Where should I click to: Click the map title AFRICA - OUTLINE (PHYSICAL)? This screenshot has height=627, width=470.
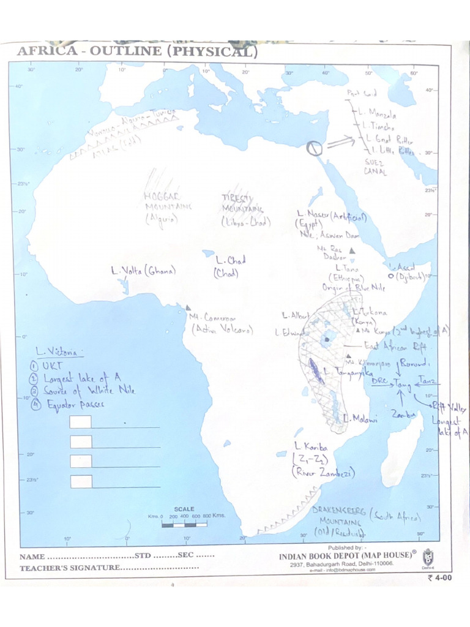point(137,51)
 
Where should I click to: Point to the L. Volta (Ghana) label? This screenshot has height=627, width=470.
point(143,270)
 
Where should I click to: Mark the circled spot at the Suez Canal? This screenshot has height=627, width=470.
point(314,148)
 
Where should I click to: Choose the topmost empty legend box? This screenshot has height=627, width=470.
point(81,422)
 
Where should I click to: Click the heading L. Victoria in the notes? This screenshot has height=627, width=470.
point(59,352)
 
